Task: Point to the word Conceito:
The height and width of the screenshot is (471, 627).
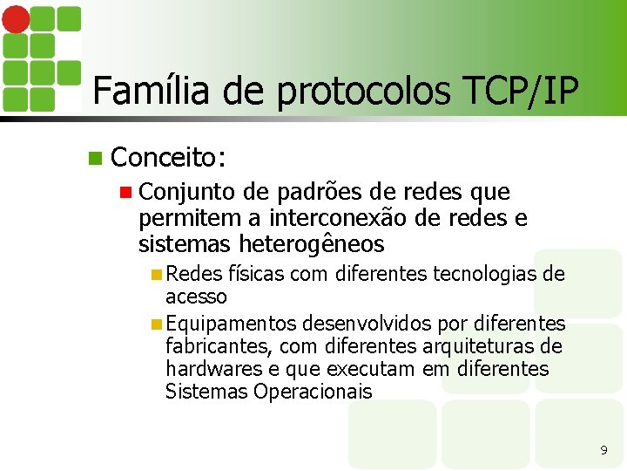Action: [170, 157]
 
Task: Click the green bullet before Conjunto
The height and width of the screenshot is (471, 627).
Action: [125, 192]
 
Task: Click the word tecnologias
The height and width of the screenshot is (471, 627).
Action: [482, 275]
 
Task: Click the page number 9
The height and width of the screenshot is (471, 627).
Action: [603, 450]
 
